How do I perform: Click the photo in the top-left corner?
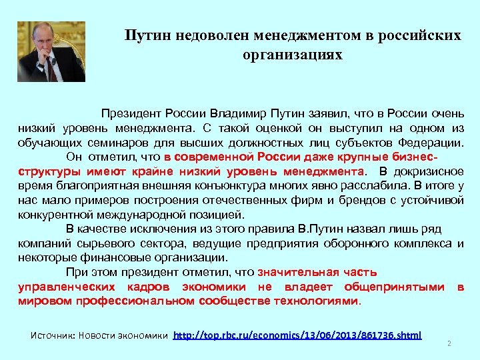pos(51,51)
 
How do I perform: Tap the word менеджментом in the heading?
pos(303,35)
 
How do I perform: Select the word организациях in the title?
pos(293,54)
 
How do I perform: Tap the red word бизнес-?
pos(414,157)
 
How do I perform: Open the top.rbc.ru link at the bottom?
pos(297,335)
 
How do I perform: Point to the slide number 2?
pos(449,344)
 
